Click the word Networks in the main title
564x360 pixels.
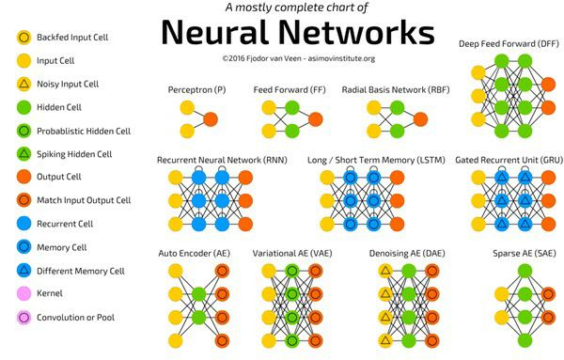point(356,32)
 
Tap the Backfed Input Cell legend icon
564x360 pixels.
point(24,38)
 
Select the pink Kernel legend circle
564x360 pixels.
point(24,293)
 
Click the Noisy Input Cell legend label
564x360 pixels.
point(68,85)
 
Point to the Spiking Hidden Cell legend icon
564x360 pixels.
point(24,154)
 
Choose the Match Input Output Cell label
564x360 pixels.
point(84,200)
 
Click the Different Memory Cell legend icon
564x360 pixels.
point(24,270)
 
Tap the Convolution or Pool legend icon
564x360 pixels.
point(24,318)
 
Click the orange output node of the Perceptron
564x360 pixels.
point(211,119)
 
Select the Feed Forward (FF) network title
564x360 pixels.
point(290,90)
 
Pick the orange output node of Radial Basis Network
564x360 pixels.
point(420,119)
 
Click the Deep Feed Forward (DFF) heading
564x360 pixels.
point(509,44)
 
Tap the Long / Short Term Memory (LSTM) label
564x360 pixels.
point(376,160)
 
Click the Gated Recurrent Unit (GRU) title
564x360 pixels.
point(509,160)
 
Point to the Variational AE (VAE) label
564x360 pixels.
point(292,254)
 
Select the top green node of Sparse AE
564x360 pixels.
point(525,271)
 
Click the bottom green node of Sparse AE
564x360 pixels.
point(525,340)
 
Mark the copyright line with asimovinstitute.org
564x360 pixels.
point(299,58)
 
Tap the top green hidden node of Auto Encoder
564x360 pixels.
point(198,294)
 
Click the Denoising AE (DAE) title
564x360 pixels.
point(407,254)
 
